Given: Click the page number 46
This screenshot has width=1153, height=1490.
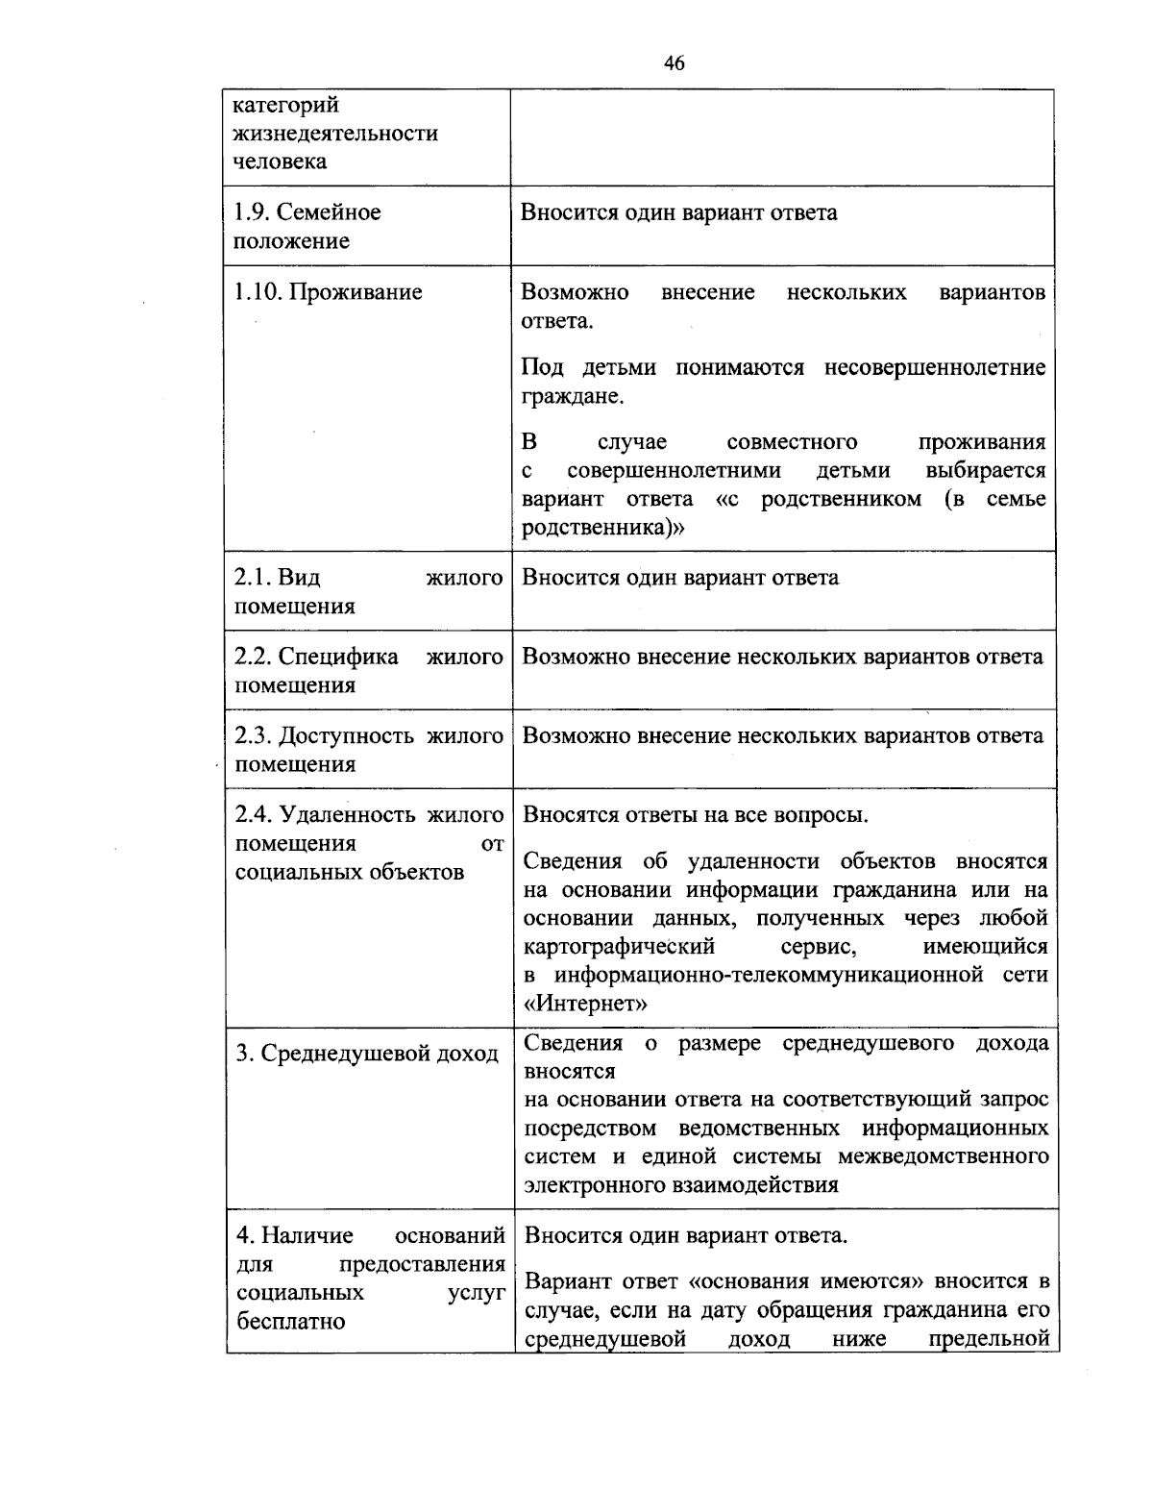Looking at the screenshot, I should (674, 63).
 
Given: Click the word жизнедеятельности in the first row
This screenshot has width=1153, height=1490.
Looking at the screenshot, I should (335, 133).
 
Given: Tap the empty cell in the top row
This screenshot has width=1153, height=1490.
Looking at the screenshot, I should (782, 137).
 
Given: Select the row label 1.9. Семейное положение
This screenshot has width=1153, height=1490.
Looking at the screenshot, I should (307, 226).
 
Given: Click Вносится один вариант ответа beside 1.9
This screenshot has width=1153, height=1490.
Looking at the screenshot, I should (678, 212).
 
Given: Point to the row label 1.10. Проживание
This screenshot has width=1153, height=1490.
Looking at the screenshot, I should (328, 292).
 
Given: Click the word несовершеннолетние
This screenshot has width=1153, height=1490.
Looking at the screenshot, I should (935, 368).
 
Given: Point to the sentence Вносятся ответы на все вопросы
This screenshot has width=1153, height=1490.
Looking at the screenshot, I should (696, 815).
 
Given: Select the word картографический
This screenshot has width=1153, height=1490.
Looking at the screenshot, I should (619, 947).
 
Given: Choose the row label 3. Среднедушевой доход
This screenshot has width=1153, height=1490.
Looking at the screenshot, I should (367, 1054).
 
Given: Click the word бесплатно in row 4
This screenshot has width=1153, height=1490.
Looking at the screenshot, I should (290, 1321).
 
